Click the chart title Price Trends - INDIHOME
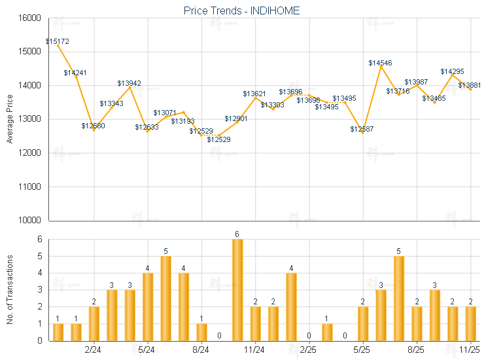[241, 11]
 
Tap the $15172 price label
[58, 41]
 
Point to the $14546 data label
[381, 63]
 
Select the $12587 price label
[362, 130]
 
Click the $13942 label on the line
[129, 83]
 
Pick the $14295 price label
[452, 71]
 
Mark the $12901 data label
[236, 118]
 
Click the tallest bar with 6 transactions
[237, 289]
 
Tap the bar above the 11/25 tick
[470, 323]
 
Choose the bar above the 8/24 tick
[201, 331]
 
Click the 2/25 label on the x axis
[308, 350]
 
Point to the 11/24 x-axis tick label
[254, 350]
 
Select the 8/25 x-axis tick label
[416, 350]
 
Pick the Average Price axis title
[9, 119]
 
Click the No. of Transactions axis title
[9, 289]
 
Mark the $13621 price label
[254, 94]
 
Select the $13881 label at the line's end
[470, 85]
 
